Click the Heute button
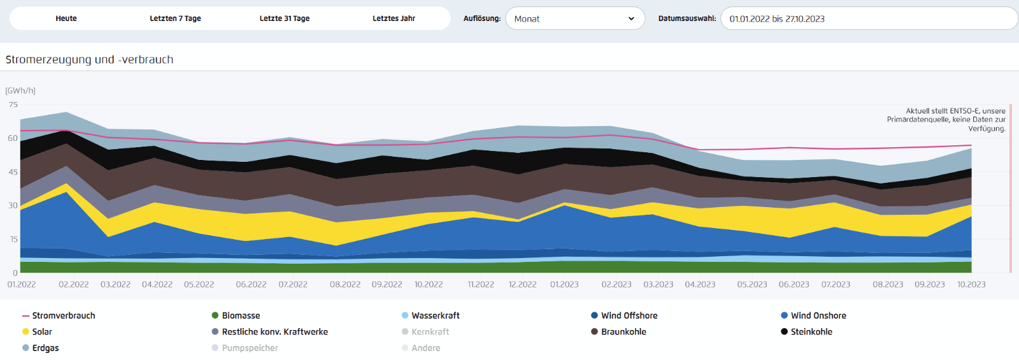click(66, 18)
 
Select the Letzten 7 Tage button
click(175, 18)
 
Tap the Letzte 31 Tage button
click(284, 18)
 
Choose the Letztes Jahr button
click(394, 18)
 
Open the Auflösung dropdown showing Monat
click(575, 18)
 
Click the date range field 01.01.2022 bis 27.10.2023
click(869, 18)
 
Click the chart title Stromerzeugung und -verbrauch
click(89, 60)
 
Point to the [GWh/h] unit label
click(20, 90)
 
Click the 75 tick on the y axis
click(13, 104)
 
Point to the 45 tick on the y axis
click(13, 172)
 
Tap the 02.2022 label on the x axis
click(74, 284)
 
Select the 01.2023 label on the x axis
click(564, 284)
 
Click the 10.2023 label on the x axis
click(971, 284)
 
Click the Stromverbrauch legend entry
click(59, 315)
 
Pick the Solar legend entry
click(37, 332)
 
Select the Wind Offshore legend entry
click(624, 315)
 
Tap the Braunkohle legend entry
click(618, 332)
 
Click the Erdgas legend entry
click(41, 348)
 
